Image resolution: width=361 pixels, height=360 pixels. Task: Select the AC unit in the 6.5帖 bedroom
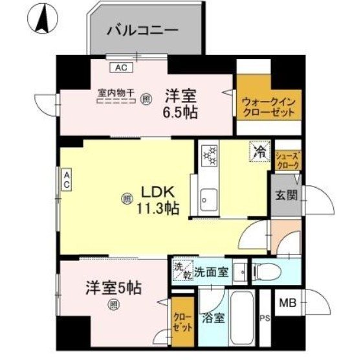tap(120, 67)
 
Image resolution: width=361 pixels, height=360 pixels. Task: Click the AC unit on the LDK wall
tap(67, 179)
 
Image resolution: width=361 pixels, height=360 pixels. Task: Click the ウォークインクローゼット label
tap(268, 106)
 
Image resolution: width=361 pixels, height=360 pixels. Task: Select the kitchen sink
tap(208, 196)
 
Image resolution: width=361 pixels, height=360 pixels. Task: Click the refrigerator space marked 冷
tap(257, 153)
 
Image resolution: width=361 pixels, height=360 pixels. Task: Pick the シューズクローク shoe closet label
tap(288, 160)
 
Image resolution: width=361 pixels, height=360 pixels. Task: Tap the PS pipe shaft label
tap(263, 317)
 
